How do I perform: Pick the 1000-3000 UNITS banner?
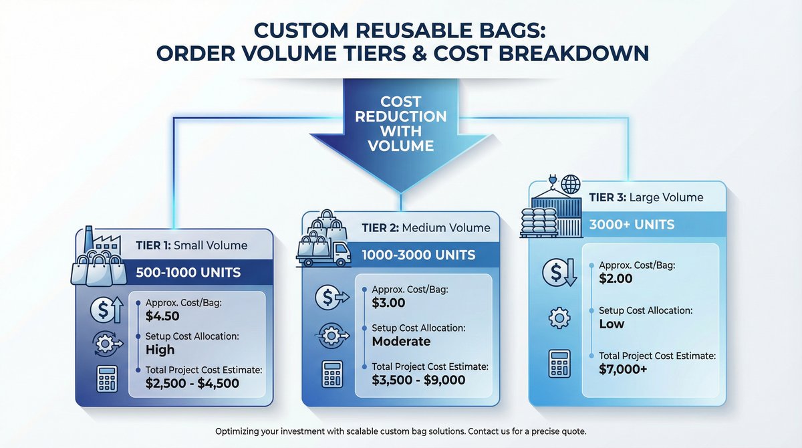[x=418, y=255]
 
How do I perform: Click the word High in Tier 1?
[x=160, y=349]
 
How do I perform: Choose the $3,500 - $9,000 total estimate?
[x=419, y=380]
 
